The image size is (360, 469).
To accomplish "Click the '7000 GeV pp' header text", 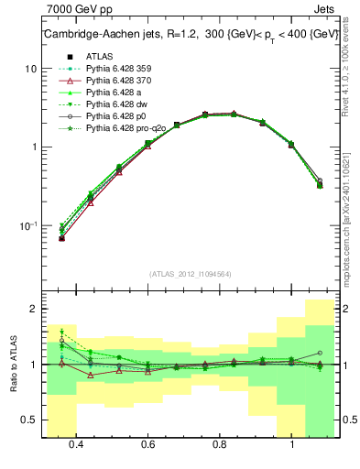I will click(78, 9).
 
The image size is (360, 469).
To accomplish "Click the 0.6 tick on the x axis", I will click(147, 445).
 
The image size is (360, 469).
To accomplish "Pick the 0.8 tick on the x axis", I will click(220, 445).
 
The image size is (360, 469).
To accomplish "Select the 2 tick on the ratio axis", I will click(34, 310).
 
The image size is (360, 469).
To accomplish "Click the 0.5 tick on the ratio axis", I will click(30, 420).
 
